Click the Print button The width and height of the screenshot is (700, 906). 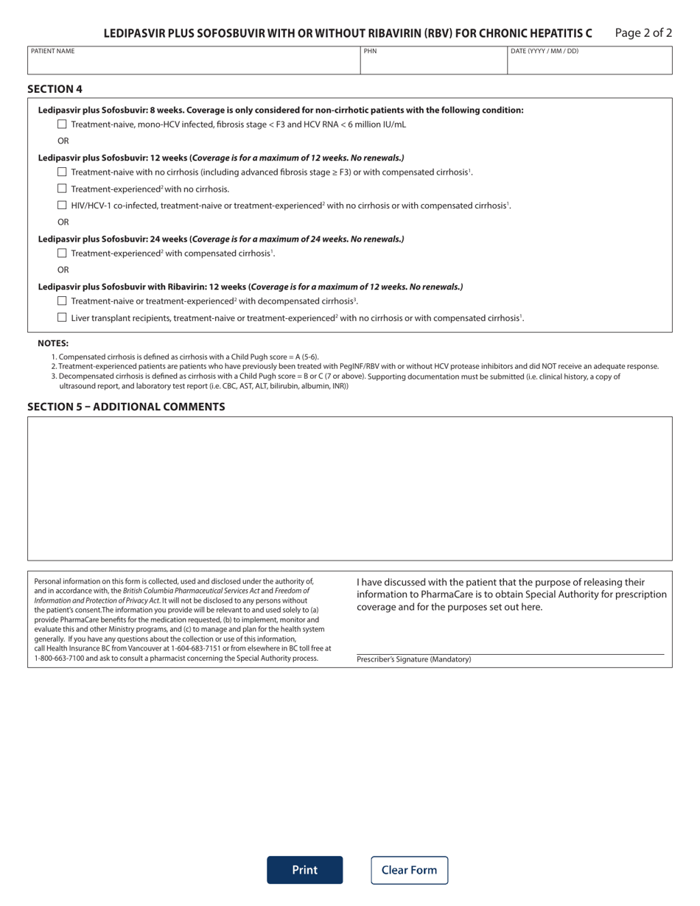point(304,870)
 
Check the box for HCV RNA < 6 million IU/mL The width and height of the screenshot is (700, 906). point(62,124)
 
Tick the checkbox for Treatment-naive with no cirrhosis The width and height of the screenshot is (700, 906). point(62,172)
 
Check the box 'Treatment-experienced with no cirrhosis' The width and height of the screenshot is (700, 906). point(62,189)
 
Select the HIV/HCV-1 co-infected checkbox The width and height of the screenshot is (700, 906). point(62,205)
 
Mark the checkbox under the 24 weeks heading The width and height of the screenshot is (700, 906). point(62,253)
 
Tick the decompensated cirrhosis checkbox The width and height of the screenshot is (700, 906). point(62,301)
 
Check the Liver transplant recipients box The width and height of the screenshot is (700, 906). point(62,317)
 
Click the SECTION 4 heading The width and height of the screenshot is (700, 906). point(55,89)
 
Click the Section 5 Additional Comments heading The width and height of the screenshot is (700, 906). point(126,407)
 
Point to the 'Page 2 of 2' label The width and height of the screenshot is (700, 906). point(643,33)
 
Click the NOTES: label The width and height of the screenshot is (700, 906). point(53,343)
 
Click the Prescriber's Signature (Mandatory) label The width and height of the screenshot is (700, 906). point(413,659)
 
